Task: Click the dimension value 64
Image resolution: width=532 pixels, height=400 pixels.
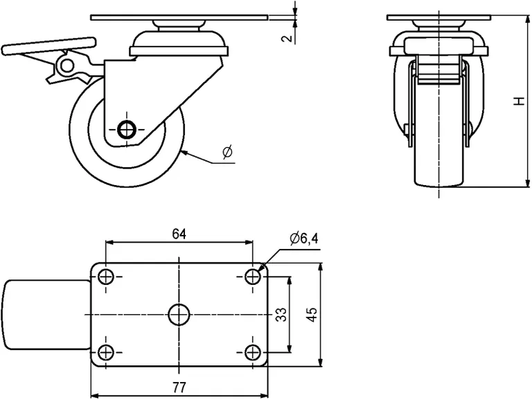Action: click(179, 234)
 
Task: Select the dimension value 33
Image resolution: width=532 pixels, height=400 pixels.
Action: click(281, 315)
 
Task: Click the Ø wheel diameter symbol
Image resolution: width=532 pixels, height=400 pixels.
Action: click(228, 153)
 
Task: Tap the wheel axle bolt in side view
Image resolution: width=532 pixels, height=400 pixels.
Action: click(126, 129)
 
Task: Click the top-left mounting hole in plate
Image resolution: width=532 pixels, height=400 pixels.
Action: click(105, 277)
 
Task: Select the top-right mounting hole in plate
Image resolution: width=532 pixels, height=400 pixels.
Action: click(253, 277)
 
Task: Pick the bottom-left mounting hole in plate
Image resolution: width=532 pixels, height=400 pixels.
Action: click(105, 351)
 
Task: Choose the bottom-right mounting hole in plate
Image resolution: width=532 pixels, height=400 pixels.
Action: click(253, 351)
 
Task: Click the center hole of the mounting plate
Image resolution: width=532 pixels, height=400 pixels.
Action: click(179, 314)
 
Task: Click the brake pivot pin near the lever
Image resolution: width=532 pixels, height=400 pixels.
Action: click(67, 65)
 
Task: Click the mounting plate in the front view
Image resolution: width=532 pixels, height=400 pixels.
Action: click(439, 17)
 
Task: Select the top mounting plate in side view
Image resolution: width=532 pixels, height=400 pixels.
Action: click(179, 17)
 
